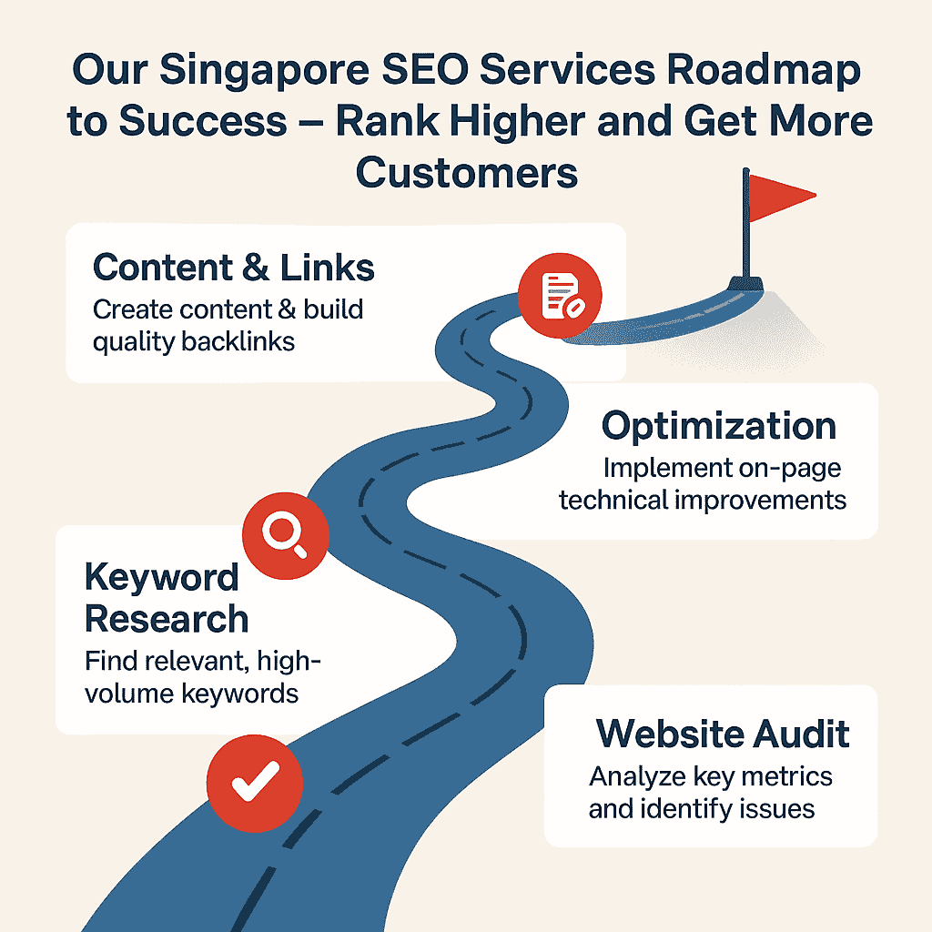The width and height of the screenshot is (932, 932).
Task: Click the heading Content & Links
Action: tap(234, 268)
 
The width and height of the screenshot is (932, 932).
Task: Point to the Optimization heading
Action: tap(719, 426)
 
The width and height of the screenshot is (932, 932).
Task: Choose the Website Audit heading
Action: tap(723, 734)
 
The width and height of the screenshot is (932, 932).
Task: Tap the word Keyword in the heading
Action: tap(162, 577)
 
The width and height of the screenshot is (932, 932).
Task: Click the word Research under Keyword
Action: tap(167, 619)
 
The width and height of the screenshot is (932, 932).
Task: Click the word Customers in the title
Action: tap(467, 171)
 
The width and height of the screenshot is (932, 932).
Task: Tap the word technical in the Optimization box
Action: tap(617, 501)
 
